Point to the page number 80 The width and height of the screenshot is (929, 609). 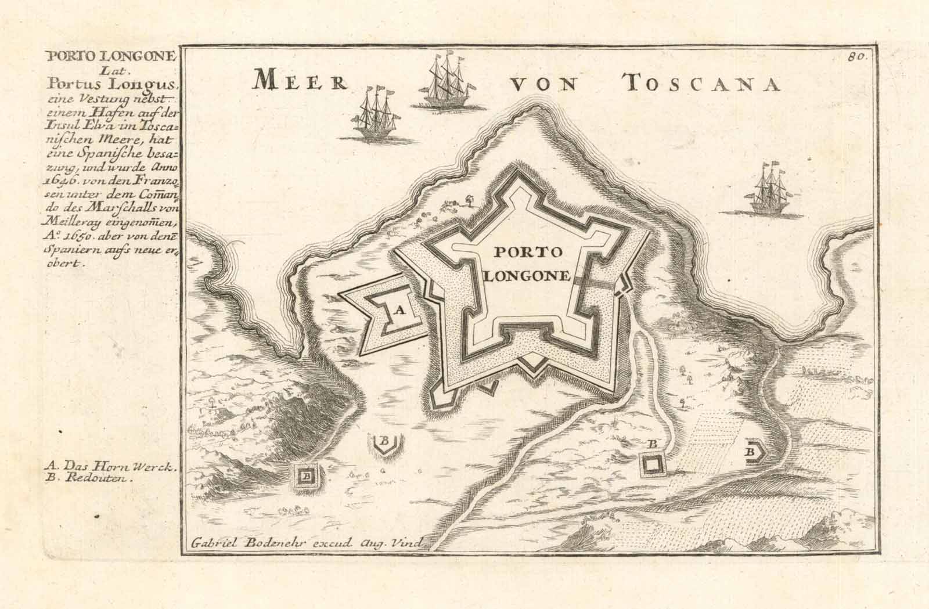click(856, 56)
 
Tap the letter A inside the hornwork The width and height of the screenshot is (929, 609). click(398, 310)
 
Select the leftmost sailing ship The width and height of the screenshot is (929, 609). click(371, 115)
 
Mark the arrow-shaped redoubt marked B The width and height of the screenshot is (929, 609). click(752, 452)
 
